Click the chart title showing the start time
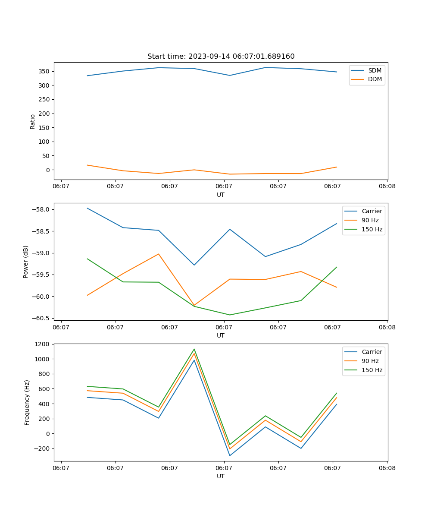point(221,57)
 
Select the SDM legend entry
point(375,70)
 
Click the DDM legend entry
point(375,79)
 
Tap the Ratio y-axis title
point(33,122)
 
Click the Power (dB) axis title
point(26,262)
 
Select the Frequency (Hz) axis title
point(27,402)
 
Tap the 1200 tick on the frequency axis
point(44,344)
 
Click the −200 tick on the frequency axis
point(42,449)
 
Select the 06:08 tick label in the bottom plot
point(387,468)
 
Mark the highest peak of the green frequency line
point(194,349)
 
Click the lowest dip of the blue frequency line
point(230,456)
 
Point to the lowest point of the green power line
point(230,315)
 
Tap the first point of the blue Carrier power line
point(87,208)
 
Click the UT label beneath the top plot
point(221,195)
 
